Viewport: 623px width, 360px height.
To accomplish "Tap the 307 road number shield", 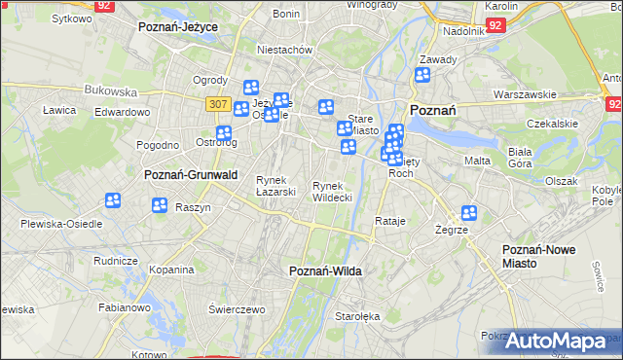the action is (218, 103).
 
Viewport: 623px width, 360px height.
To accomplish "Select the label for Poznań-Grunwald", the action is (184, 175).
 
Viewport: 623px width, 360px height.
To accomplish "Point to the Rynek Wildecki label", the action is (332, 191).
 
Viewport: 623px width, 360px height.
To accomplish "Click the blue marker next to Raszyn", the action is (160, 205).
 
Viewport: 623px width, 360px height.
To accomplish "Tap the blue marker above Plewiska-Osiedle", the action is (113, 201).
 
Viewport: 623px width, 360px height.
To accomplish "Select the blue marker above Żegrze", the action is (469, 213).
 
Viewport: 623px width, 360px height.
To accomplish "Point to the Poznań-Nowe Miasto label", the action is (538, 257).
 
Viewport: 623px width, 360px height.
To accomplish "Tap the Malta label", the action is (477, 161).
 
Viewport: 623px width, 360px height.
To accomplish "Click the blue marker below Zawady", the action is (422, 76).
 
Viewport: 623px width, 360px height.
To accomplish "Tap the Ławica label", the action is (59, 110).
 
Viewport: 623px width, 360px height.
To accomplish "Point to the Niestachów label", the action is (283, 49).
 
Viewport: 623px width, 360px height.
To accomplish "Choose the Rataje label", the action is (389, 222).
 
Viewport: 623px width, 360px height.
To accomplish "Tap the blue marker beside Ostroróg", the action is (224, 133).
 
